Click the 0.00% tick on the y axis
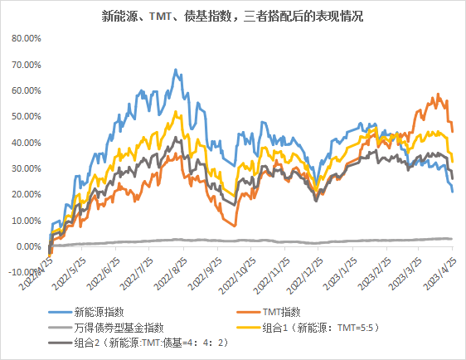(25, 246)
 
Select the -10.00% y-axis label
(22, 272)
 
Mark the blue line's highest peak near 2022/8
(177, 70)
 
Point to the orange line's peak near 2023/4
(439, 95)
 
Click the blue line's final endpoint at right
(453, 192)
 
